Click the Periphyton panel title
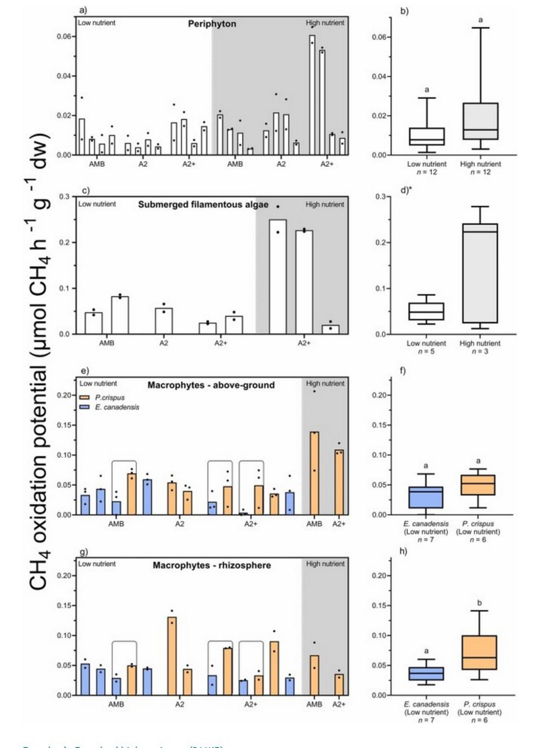point(212,24)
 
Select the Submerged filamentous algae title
point(203,205)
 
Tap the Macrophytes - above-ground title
point(211,385)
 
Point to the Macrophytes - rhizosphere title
point(212,565)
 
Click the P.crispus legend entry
point(110,398)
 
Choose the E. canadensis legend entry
point(117,407)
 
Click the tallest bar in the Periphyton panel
point(312,95)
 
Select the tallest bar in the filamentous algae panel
point(278,277)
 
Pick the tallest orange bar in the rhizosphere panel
point(172,656)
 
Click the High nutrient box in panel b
point(480,121)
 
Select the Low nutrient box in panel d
point(426,311)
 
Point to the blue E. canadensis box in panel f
point(426,497)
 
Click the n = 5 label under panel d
point(426,351)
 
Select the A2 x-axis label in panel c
point(163,343)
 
